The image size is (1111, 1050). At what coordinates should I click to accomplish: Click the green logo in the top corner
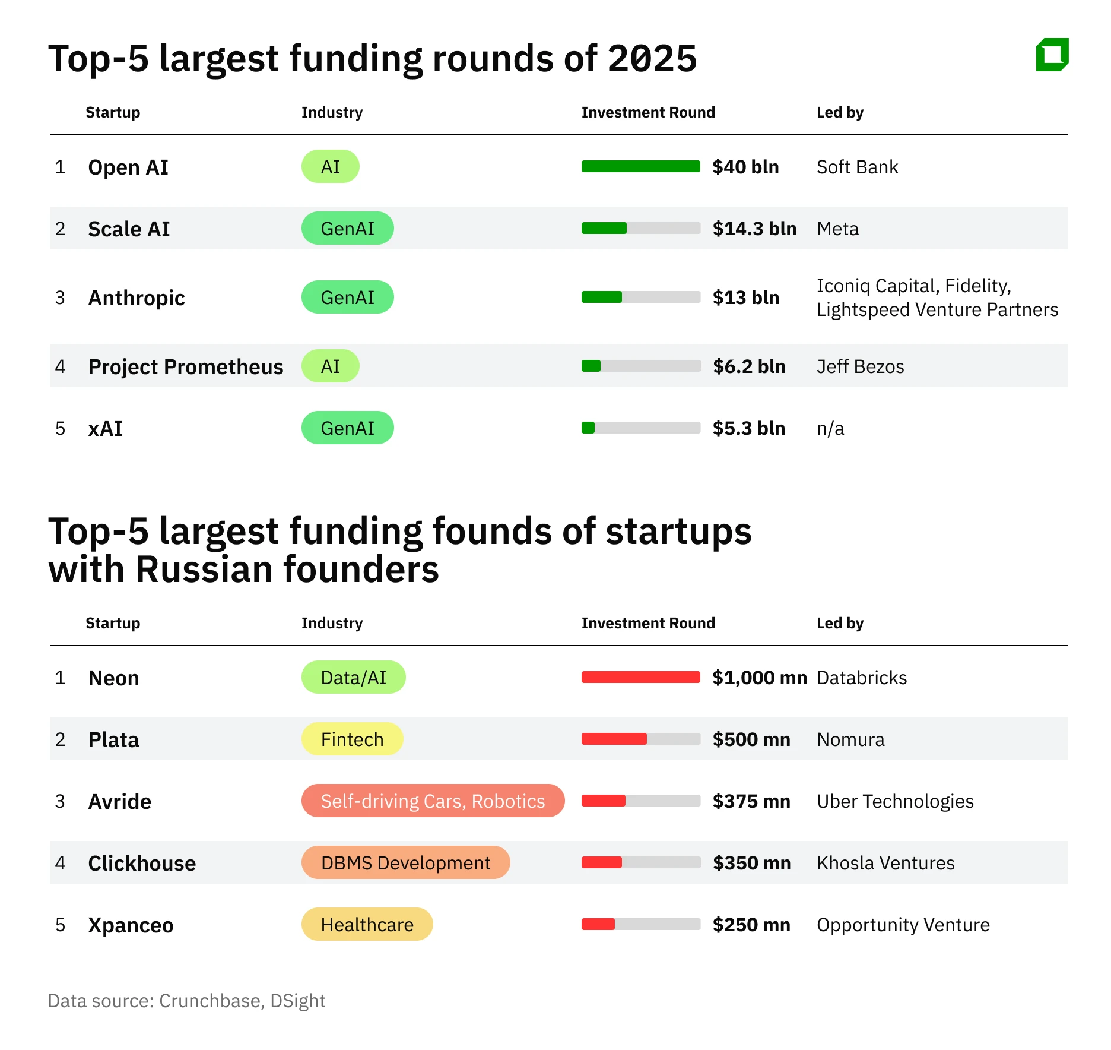pyautogui.click(x=1052, y=55)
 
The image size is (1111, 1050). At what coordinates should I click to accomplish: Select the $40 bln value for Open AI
pyautogui.click(x=745, y=167)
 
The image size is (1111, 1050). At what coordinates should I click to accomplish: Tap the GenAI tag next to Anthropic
pyautogui.click(x=347, y=298)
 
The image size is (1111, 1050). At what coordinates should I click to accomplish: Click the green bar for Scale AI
pyautogui.click(x=604, y=229)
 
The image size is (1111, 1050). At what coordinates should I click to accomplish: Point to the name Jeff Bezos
pyautogui.click(x=860, y=366)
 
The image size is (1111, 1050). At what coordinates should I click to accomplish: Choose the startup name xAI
pyautogui.click(x=105, y=428)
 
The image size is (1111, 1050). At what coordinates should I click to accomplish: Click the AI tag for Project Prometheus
pyautogui.click(x=330, y=366)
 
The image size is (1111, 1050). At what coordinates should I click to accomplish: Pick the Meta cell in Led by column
pyautogui.click(x=837, y=229)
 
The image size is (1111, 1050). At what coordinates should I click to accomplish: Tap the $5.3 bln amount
pyautogui.click(x=748, y=428)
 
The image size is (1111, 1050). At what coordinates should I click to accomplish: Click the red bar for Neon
pyautogui.click(x=640, y=678)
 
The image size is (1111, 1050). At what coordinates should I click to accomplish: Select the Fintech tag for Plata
pyautogui.click(x=352, y=739)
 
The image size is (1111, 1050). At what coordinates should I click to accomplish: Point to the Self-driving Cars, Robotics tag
pyautogui.click(x=433, y=801)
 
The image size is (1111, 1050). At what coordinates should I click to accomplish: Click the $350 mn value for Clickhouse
pyautogui.click(x=751, y=863)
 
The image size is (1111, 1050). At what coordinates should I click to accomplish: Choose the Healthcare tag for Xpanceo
pyautogui.click(x=367, y=925)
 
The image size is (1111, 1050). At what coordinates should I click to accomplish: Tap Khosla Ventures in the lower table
pyautogui.click(x=885, y=863)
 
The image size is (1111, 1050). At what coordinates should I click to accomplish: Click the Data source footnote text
pyautogui.click(x=186, y=1001)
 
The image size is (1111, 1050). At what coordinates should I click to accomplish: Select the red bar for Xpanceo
pyautogui.click(x=598, y=925)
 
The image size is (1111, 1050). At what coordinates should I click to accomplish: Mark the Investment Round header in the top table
pyautogui.click(x=648, y=112)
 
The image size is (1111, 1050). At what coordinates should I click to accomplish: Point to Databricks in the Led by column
pyautogui.click(x=862, y=678)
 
